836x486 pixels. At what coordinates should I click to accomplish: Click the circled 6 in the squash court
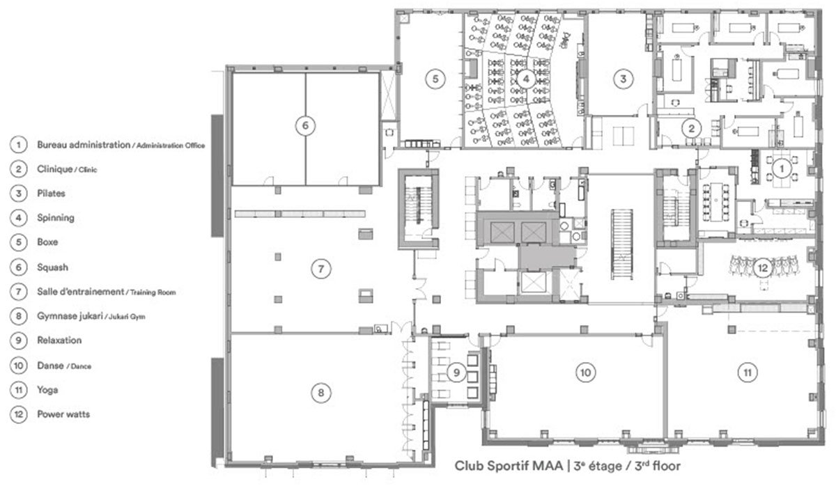coord(305,125)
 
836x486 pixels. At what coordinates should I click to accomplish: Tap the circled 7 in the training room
coord(321,269)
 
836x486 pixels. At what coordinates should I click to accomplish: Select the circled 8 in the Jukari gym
coord(321,393)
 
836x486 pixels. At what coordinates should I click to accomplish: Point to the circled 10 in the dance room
coord(585,373)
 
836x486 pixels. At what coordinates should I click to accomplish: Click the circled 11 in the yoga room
coord(747,373)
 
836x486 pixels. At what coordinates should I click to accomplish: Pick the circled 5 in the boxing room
coord(435,79)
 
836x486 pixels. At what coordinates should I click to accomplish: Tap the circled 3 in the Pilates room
coord(623,79)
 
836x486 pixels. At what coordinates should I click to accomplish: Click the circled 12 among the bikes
coord(762,267)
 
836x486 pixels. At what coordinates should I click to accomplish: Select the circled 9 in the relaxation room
coord(456,373)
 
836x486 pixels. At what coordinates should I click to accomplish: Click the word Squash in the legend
coord(52,267)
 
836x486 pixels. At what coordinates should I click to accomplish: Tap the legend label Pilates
coord(51,193)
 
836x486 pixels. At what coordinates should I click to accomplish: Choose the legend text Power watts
coord(63,414)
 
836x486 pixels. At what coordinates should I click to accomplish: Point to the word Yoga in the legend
coord(47,390)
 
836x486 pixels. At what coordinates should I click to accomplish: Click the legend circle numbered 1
coord(19,145)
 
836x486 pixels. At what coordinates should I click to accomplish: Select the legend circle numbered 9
coord(19,340)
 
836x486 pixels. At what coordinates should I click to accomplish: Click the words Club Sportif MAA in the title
coord(509,466)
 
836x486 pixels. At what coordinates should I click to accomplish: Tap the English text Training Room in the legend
coord(153,292)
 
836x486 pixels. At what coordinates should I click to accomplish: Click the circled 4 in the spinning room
coord(526,79)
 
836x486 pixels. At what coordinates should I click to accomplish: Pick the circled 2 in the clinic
coord(691,129)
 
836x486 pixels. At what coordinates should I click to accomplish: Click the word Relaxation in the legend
coord(59,340)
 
